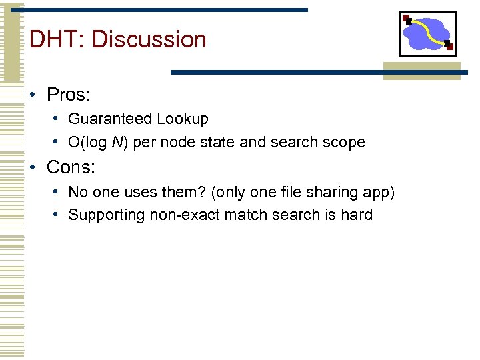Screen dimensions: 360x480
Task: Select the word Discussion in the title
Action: coord(149,39)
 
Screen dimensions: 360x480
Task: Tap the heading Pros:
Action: coord(68,95)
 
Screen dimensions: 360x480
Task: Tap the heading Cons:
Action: coord(71,167)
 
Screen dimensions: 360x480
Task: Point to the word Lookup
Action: coord(183,119)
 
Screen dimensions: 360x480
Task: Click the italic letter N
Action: coord(116,143)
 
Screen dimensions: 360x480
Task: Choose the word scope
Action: coord(344,143)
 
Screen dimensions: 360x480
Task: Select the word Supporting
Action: coord(102,215)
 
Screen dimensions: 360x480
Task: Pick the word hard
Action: coord(356,215)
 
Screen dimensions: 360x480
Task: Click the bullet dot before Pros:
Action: coord(33,95)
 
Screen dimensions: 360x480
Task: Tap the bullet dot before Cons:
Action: coord(33,167)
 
